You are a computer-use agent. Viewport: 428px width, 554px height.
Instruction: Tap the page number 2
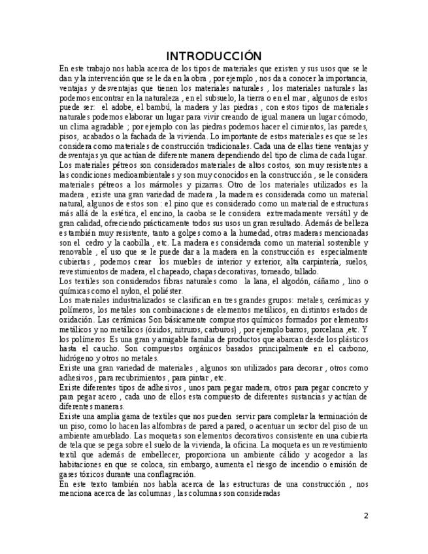coord(366,516)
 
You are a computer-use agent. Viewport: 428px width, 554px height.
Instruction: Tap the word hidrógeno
coord(76,358)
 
